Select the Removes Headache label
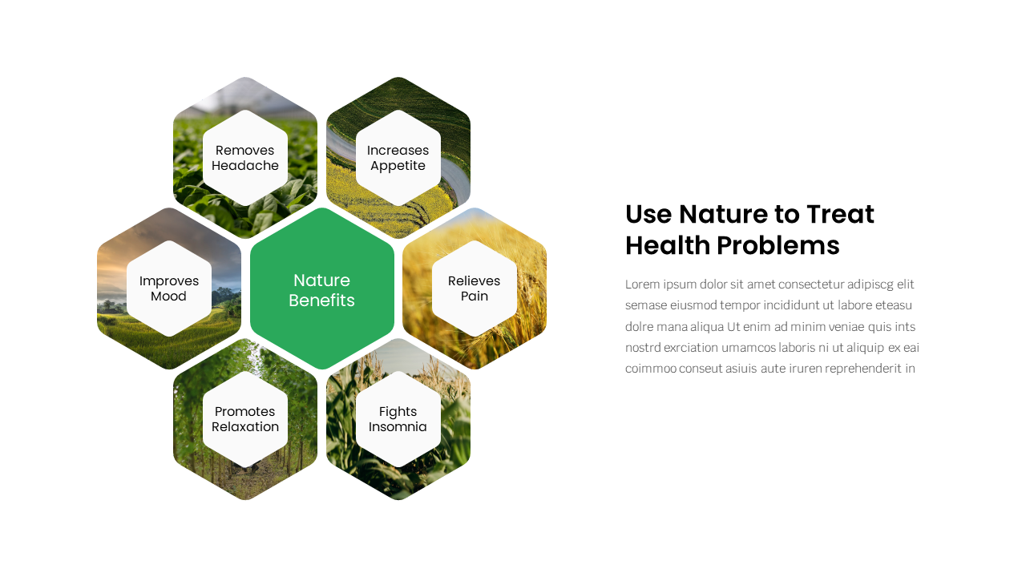click(245, 158)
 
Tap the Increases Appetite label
click(398, 158)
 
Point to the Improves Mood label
click(169, 288)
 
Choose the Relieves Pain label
click(474, 288)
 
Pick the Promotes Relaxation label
click(245, 419)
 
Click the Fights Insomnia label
click(398, 419)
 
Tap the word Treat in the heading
click(840, 215)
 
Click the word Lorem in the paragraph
click(642, 284)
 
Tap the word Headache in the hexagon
click(245, 166)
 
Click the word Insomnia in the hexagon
click(398, 427)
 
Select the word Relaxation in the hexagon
click(245, 427)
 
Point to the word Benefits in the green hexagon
click(321, 301)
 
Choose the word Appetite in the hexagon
click(398, 166)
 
